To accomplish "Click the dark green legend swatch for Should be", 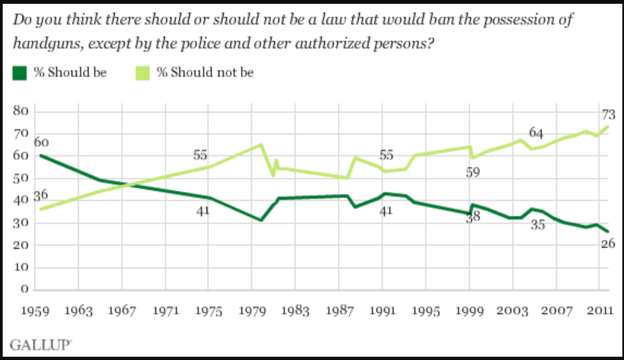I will (x=19, y=73).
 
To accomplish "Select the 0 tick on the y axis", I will (x=25, y=289).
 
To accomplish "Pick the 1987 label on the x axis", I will (x=339, y=311).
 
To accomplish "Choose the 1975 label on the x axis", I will (x=209, y=311).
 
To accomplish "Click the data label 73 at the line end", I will (x=608, y=115).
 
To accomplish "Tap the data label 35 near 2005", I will (x=538, y=224).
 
